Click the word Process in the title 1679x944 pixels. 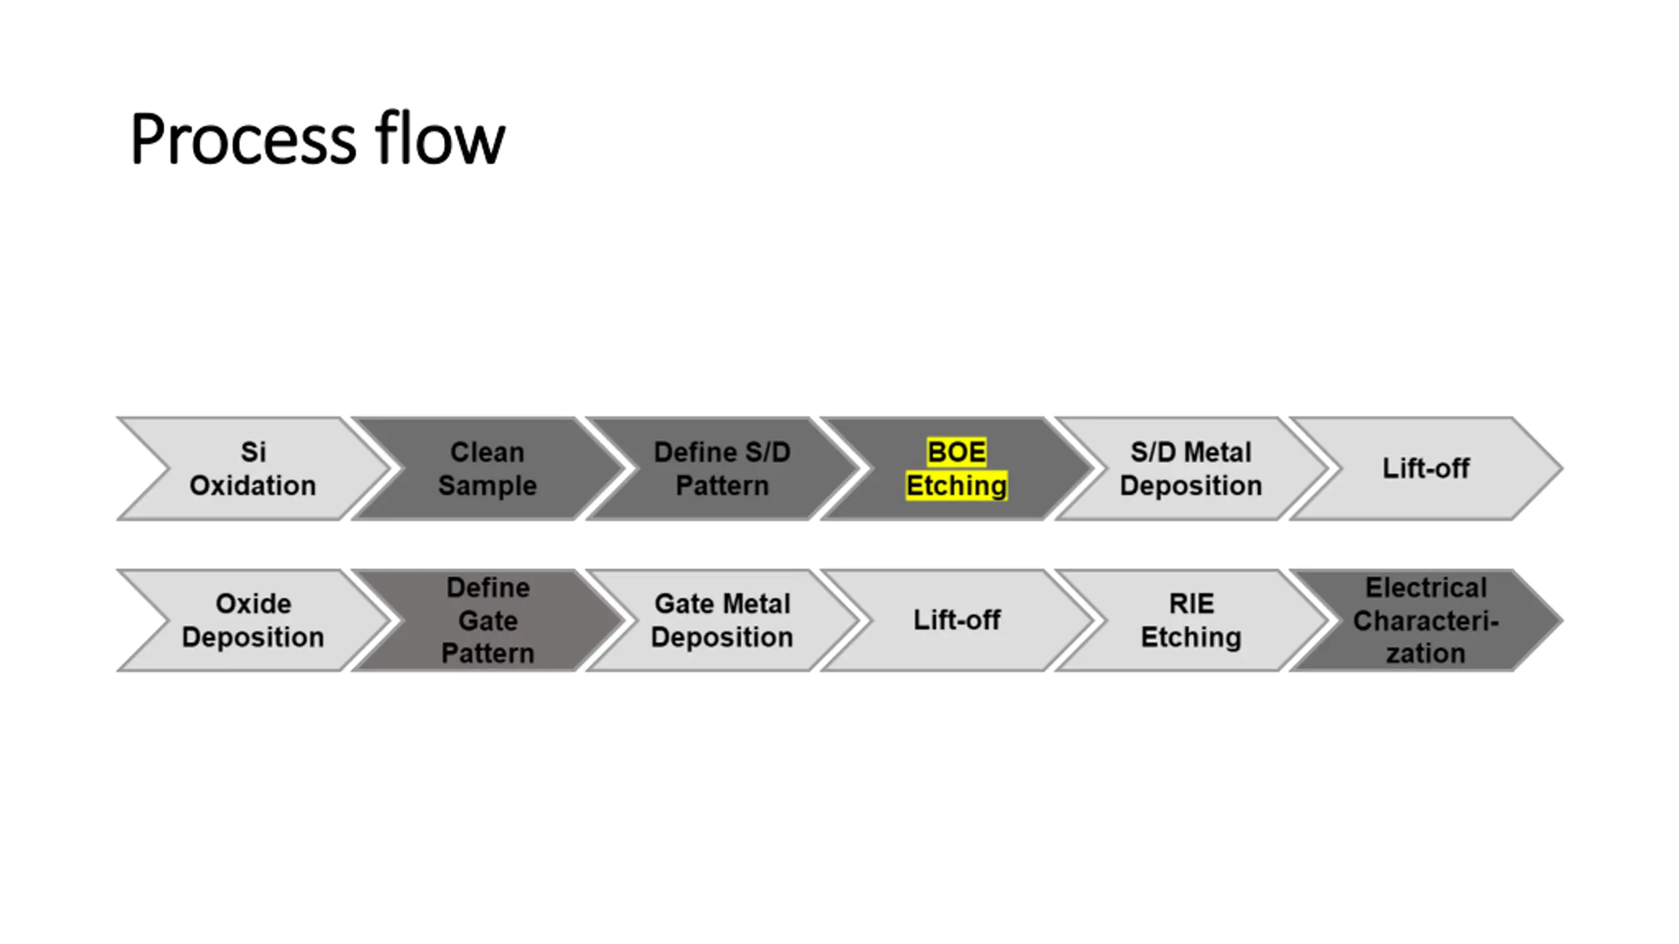(x=243, y=140)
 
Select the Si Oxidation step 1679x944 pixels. (x=253, y=469)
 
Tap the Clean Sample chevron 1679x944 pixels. (x=487, y=469)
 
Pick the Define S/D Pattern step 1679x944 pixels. (x=722, y=469)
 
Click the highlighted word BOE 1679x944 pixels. (x=956, y=452)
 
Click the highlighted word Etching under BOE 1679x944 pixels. (x=956, y=486)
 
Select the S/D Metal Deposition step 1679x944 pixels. (x=1191, y=469)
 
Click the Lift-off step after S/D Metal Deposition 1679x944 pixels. (x=1426, y=469)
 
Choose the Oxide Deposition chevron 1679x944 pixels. (x=253, y=620)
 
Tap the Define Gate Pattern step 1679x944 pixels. (x=487, y=620)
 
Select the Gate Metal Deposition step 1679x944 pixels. (x=722, y=620)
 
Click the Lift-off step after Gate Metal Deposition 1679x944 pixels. (x=956, y=620)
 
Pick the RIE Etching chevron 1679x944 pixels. (x=1191, y=620)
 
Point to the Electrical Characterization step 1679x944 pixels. (x=1426, y=620)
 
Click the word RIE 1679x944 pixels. (x=1191, y=604)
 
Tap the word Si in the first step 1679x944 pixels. (x=253, y=452)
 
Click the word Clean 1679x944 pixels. (x=487, y=452)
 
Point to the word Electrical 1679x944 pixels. (x=1426, y=588)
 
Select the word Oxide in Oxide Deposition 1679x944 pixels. (x=253, y=604)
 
